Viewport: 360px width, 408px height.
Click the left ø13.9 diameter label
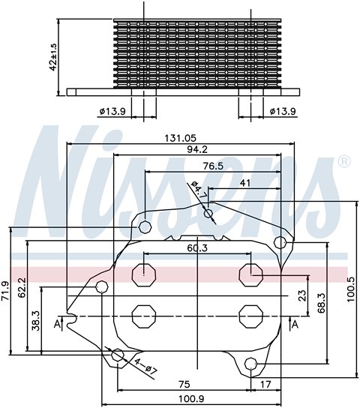click(x=112, y=111)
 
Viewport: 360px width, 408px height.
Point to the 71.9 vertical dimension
click(x=7, y=291)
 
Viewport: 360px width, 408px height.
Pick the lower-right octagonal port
click(x=250, y=315)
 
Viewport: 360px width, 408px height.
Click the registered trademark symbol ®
click(x=344, y=161)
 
